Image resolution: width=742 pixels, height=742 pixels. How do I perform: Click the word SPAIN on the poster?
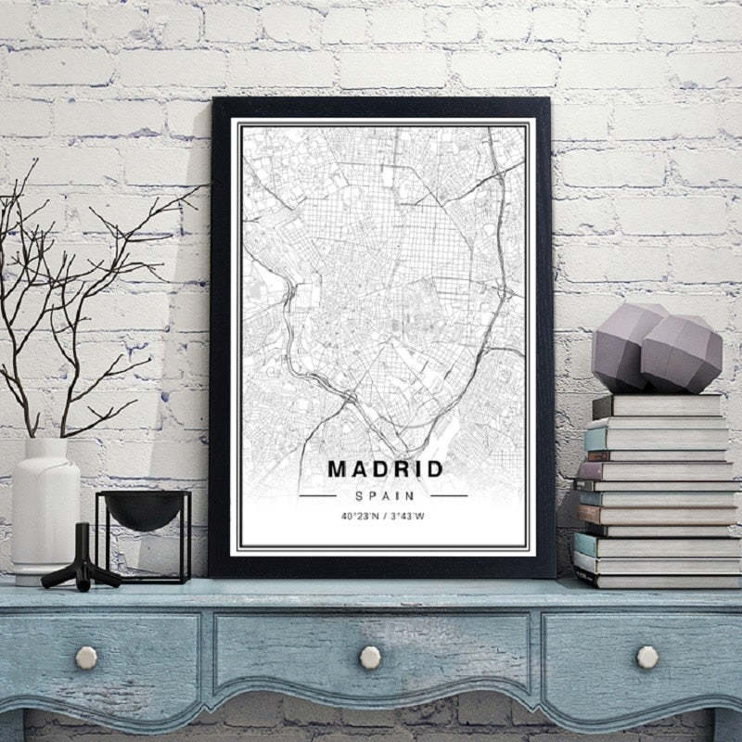(383, 495)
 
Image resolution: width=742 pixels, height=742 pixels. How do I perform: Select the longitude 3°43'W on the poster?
(407, 516)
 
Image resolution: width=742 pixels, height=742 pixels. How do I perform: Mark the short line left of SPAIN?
(316, 495)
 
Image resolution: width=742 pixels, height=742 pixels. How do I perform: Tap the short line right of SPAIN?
(449, 495)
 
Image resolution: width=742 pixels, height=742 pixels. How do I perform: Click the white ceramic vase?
(45, 510)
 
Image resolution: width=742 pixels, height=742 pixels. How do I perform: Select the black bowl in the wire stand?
(144, 508)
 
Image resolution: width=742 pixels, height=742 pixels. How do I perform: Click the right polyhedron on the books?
(682, 352)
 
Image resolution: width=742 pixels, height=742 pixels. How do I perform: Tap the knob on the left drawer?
(86, 658)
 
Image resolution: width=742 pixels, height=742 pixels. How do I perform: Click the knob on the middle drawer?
(370, 658)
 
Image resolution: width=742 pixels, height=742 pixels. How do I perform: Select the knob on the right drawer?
(647, 657)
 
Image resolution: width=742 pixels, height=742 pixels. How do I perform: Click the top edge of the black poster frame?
(380, 103)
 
